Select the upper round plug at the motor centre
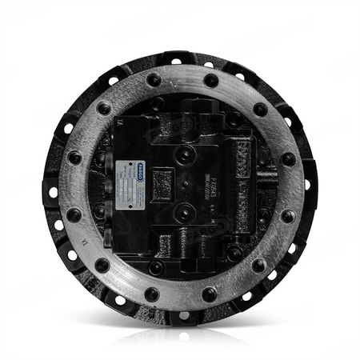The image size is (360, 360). (x=185, y=152)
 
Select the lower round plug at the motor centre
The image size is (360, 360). (x=185, y=211)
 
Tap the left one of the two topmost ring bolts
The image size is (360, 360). (x=152, y=81)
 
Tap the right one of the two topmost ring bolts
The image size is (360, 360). (x=210, y=80)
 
